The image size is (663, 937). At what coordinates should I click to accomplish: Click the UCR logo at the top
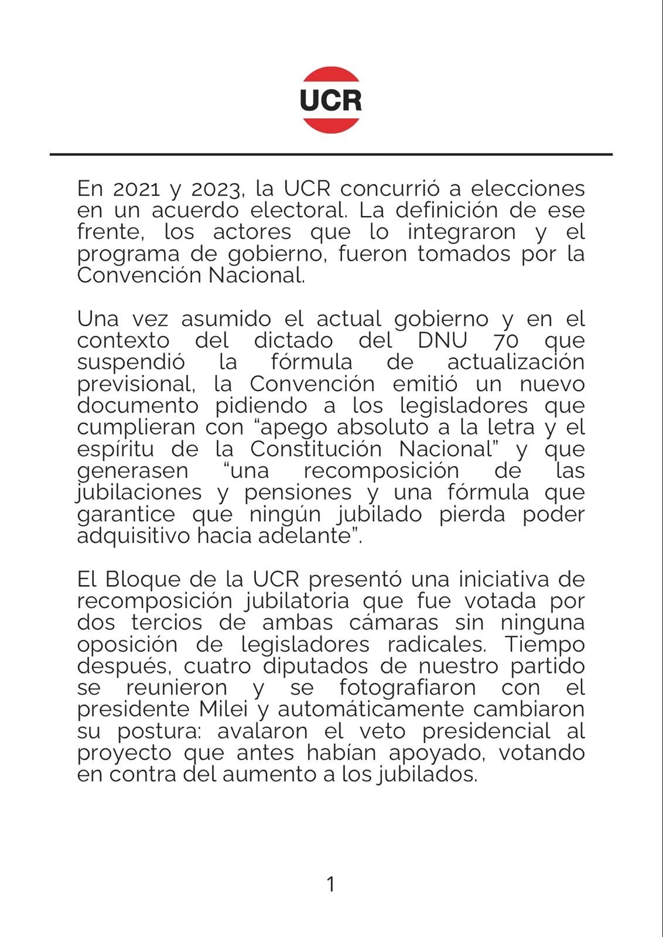point(330,100)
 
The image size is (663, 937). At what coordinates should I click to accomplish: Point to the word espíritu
point(116,450)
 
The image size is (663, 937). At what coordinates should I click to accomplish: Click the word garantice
point(126,515)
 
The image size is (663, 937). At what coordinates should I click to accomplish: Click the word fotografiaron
point(407,688)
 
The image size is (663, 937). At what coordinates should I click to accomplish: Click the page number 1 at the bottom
point(331,884)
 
